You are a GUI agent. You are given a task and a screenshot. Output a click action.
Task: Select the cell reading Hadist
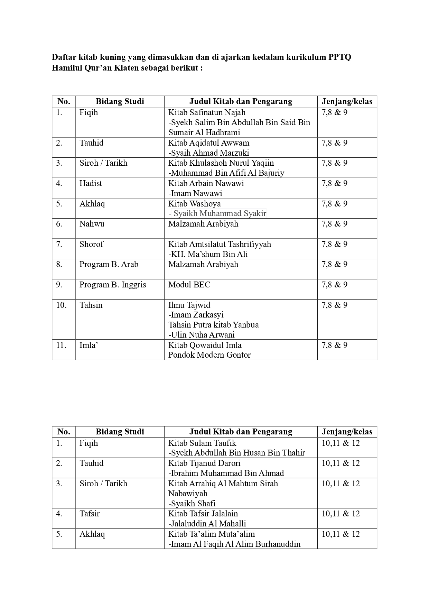[91, 183]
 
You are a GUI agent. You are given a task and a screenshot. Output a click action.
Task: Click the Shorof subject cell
[91, 244]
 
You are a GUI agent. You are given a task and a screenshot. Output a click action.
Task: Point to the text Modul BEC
[189, 285]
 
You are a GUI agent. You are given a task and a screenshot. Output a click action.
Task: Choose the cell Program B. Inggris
[113, 285]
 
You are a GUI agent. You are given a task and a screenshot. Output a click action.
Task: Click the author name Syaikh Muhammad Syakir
[220, 213]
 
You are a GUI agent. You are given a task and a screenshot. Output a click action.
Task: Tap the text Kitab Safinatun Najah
[207, 112]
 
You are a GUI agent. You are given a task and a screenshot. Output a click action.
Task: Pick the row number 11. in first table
[61, 345]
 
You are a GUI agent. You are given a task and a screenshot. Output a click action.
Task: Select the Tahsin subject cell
[91, 305]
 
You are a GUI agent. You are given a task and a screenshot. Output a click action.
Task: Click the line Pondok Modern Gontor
[209, 355]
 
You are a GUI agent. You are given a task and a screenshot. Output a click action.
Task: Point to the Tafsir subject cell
[90, 514]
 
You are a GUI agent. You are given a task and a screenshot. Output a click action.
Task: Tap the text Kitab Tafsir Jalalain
[203, 514]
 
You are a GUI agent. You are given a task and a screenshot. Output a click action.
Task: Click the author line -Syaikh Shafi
[192, 504]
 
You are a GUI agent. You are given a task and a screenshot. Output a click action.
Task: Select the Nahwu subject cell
[92, 224]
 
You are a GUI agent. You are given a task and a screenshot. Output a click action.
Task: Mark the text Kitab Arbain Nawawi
[206, 183]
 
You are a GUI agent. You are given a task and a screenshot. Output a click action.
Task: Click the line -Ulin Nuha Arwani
[201, 335]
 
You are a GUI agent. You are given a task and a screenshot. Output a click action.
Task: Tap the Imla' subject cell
[89, 345]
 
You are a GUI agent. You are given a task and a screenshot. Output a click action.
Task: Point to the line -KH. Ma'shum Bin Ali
[208, 254]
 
